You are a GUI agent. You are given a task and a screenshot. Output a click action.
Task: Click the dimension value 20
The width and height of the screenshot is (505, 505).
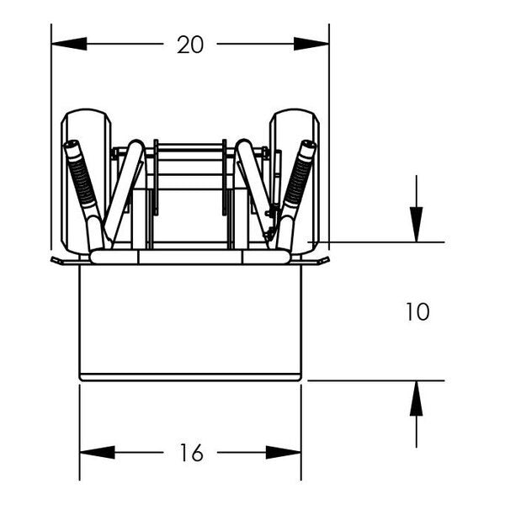pos(190,45)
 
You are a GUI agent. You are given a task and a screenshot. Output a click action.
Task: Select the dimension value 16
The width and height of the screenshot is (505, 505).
pos(191,453)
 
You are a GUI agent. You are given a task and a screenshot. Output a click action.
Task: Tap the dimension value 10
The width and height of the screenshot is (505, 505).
pos(417,312)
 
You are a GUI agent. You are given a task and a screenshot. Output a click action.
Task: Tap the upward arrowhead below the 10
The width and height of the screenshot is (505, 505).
pos(416,399)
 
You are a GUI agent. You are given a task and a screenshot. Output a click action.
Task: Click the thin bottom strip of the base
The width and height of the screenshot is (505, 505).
pos(190,377)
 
